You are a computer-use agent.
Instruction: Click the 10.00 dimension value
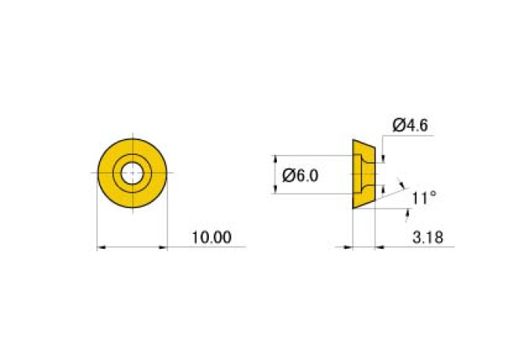211,237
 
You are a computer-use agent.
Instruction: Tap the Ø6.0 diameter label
300,175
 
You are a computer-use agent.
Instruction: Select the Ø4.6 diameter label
410,125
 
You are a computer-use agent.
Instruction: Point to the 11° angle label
424,198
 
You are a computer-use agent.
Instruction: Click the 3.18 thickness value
428,238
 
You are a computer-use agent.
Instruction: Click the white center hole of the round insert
132,173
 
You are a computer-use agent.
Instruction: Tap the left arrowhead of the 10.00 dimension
101,247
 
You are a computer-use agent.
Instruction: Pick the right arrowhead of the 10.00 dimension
163,247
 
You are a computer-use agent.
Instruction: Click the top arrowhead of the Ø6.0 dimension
275,160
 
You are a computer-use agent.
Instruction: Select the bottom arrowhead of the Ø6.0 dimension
275,189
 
